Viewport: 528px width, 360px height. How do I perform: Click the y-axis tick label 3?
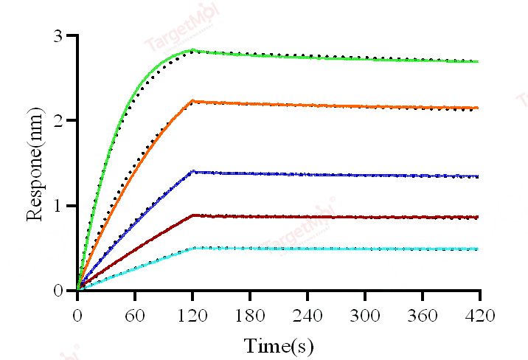tap(58, 35)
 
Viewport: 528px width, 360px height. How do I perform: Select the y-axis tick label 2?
tap(58, 120)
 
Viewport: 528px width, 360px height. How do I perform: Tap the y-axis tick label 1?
tap(58, 205)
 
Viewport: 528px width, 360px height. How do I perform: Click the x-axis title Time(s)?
tap(279, 345)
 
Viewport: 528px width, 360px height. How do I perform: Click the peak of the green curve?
tap(193, 50)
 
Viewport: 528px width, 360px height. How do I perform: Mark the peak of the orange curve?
tap(192, 100)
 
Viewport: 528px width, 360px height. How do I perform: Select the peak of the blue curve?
tap(192, 171)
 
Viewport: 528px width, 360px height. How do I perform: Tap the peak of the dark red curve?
tap(192, 215)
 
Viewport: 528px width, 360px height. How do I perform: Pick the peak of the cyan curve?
tap(193, 248)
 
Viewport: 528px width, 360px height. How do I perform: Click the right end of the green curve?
tap(479, 61)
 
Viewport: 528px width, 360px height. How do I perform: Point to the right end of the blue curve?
tap(479, 176)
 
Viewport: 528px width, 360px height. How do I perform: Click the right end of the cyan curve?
tap(479, 249)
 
